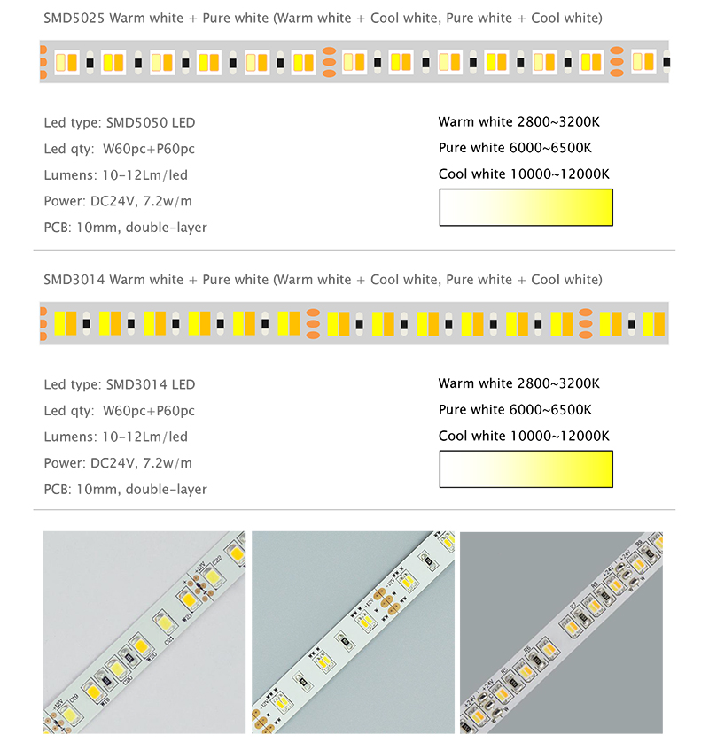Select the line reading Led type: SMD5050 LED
pyautogui.click(x=119, y=122)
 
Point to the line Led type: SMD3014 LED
pyautogui.click(x=119, y=384)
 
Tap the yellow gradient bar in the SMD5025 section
pyautogui.click(x=526, y=207)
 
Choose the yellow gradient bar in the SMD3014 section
pyautogui.click(x=526, y=468)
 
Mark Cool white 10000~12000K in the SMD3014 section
pyautogui.click(x=524, y=436)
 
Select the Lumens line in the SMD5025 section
pyautogui.click(x=115, y=174)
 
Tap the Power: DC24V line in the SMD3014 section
pyautogui.click(x=117, y=462)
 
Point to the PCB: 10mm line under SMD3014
pyautogui.click(x=125, y=489)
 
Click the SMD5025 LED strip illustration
pyautogui.click(x=354, y=62)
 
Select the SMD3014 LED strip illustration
pyautogui.click(x=354, y=323)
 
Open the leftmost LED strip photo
pyautogui.click(x=144, y=631)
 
